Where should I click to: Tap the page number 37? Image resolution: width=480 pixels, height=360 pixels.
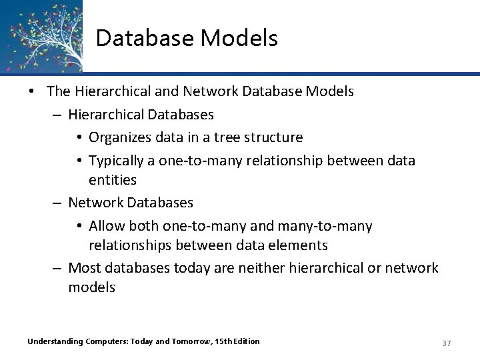point(446,343)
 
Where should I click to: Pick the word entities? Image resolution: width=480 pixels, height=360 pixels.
point(113,180)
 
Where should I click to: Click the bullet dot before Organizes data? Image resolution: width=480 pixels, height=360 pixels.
point(79,138)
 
